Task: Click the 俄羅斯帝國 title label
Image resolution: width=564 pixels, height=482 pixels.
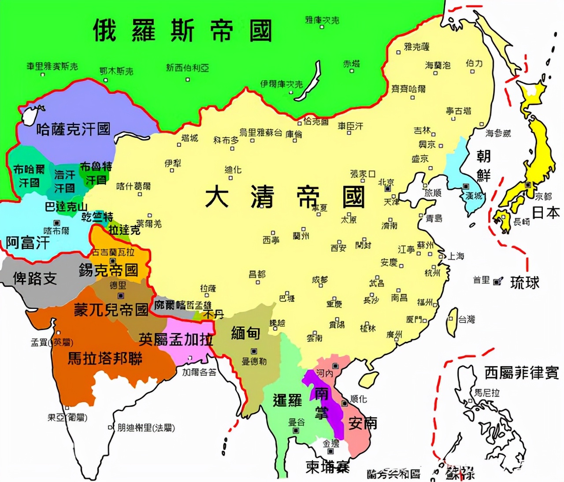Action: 182,30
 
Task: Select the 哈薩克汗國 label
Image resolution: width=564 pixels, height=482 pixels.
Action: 73,129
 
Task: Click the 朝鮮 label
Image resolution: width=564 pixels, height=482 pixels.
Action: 483,165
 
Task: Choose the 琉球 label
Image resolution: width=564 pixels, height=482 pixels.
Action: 524,282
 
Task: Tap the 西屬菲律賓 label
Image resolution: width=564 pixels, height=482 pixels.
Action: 521,373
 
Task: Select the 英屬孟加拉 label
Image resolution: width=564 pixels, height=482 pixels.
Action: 176,339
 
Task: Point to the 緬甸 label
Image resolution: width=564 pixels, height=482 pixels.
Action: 245,333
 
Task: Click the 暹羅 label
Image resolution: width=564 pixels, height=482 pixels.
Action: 287,400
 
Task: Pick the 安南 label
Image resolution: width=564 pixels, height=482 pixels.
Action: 363,423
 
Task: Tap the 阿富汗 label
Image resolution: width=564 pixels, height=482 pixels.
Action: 27,242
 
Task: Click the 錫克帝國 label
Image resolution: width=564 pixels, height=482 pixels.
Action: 108,270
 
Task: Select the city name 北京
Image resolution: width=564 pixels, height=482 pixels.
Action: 386,182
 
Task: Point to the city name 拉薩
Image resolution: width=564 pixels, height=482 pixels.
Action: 208,289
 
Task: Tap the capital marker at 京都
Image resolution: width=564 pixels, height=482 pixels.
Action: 528,185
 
